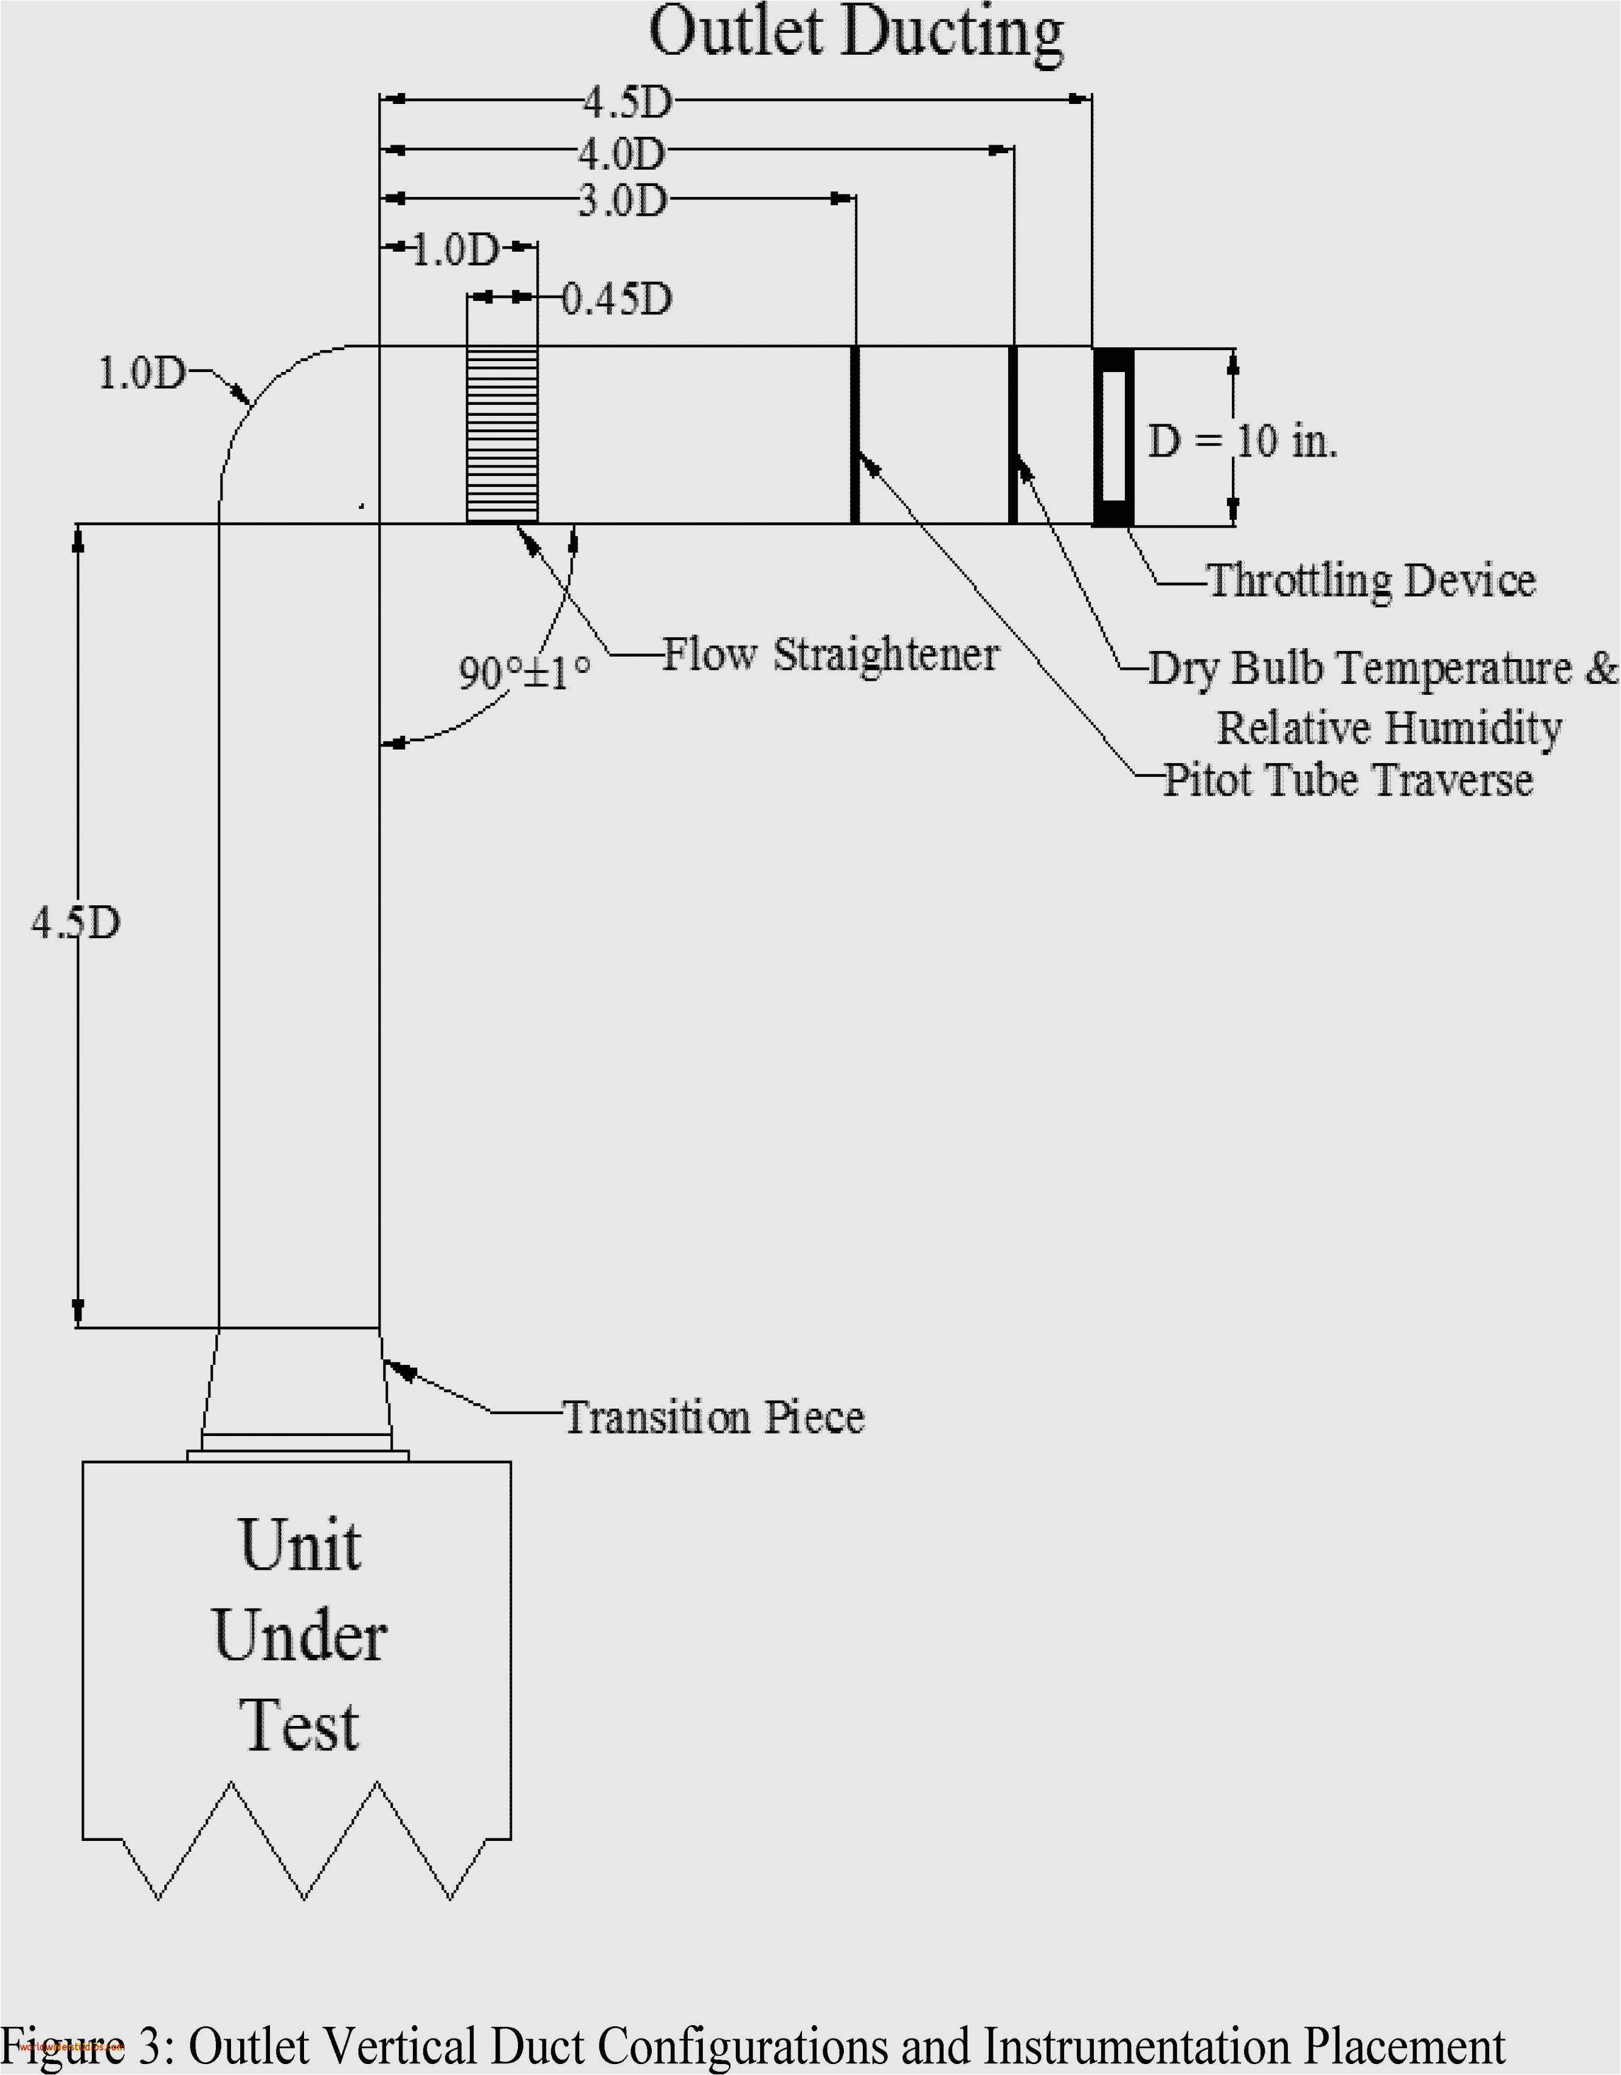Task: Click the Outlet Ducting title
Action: (x=855, y=34)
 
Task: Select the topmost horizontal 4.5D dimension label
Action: (x=627, y=102)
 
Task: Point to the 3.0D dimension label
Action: (x=623, y=201)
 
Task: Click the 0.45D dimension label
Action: (x=617, y=299)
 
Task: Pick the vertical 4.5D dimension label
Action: (x=76, y=922)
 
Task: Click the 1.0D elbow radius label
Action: (x=142, y=373)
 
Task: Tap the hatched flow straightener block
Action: (x=502, y=434)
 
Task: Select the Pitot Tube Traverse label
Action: (x=1348, y=780)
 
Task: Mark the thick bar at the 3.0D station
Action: (x=854, y=434)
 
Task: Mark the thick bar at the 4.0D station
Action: (x=1013, y=434)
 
